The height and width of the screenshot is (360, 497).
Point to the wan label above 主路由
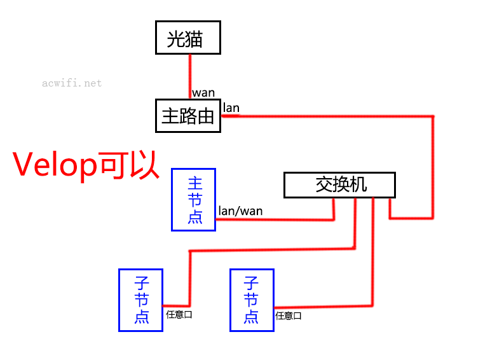(x=203, y=93)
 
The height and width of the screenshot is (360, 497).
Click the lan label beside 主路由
(x=231, y=108)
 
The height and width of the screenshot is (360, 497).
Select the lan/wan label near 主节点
(x=241, y=211)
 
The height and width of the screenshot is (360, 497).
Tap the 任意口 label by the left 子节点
(x=179, y=315)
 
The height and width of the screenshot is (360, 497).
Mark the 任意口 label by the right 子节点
(x=289, y=316)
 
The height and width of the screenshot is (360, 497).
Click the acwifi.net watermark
(x=72, y=83)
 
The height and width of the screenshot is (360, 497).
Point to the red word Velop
(x=55, y=165)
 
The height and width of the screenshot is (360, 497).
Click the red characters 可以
(x=128, y=165)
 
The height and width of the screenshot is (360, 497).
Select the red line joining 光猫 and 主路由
(x=190, y=76)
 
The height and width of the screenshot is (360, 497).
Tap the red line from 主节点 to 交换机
(x=275, y=219)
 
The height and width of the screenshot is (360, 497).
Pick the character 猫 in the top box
(x=194, y=39)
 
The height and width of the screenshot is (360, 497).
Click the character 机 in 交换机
(x=358, y=184)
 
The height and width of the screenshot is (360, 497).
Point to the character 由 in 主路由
(x=206, y=116)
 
